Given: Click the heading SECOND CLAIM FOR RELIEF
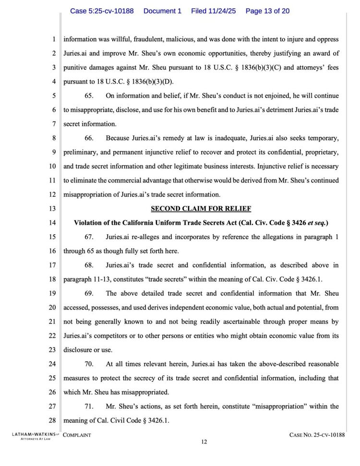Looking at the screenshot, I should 201,209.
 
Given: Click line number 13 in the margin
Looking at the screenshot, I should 53,209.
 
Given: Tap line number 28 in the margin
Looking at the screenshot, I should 53,421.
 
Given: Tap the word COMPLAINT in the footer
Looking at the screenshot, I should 77,435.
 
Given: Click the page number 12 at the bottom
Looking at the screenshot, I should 204,442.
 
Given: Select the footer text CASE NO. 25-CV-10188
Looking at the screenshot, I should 317,435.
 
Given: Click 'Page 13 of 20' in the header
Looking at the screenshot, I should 267,11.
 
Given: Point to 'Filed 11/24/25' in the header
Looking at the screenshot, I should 213,11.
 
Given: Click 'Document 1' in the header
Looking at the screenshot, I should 162,11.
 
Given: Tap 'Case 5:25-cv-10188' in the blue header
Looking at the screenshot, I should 102,11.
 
